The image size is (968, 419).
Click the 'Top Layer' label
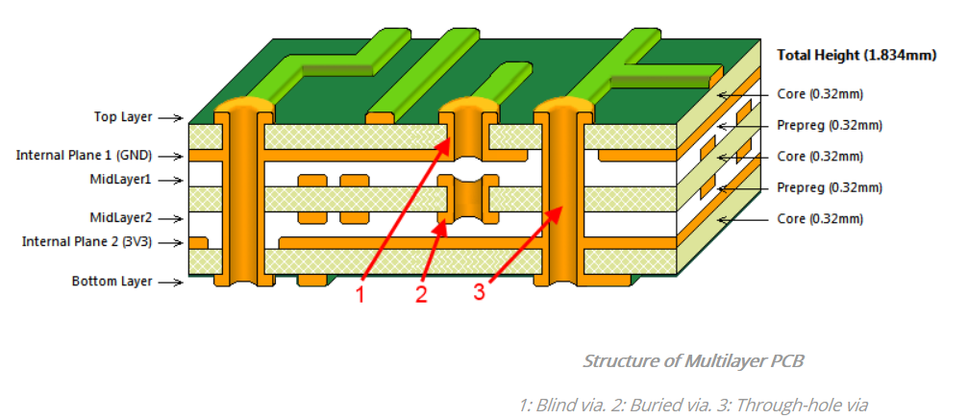122,117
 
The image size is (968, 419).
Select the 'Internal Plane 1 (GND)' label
84,155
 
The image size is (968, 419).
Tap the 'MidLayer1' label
120,180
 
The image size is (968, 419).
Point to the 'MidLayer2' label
120,217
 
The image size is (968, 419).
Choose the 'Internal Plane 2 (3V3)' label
87,241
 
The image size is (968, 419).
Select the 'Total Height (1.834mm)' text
855,55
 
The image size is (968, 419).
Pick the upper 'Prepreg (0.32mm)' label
829,125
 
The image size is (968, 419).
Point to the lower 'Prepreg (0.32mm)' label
829,187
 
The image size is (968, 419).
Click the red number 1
361,295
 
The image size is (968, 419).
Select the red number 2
421,295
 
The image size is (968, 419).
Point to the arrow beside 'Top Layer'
170,118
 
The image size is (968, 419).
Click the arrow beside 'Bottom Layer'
170,283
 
